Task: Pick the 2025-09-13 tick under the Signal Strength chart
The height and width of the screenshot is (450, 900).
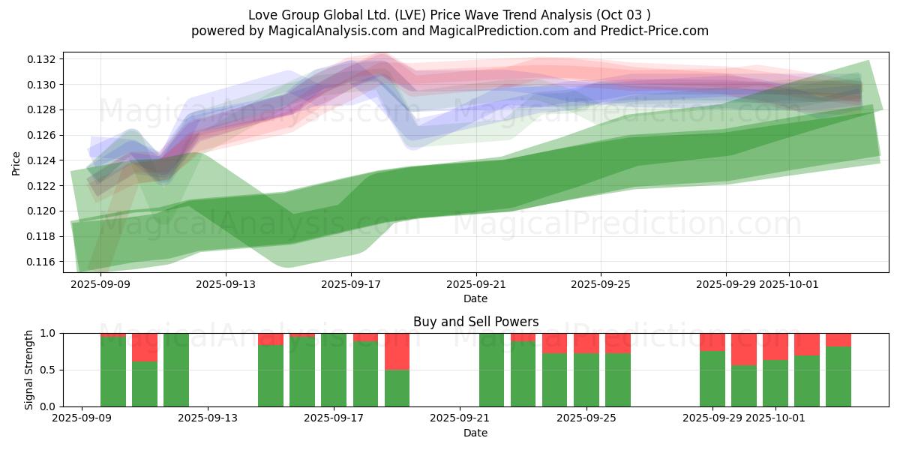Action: click(x=208, y=419)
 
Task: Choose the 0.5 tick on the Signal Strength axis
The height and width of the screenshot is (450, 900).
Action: click(x=49, y=370)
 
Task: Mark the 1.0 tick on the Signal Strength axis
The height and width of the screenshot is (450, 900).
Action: click(x=49, y=333)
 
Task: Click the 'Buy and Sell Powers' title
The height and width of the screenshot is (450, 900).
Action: click(x=475, y=322)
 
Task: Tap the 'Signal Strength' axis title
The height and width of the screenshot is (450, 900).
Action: click(x=29, y=370)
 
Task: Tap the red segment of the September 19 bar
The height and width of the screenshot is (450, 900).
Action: click(x=397, y=351)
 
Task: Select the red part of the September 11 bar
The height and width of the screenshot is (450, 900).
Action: click(x=145, y=347)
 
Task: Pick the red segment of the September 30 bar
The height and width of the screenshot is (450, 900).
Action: click(x=744, y=349)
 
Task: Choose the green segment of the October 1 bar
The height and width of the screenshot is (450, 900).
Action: click(x=775, y=383)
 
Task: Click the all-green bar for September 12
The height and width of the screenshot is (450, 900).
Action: click(x=176, y=370)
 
